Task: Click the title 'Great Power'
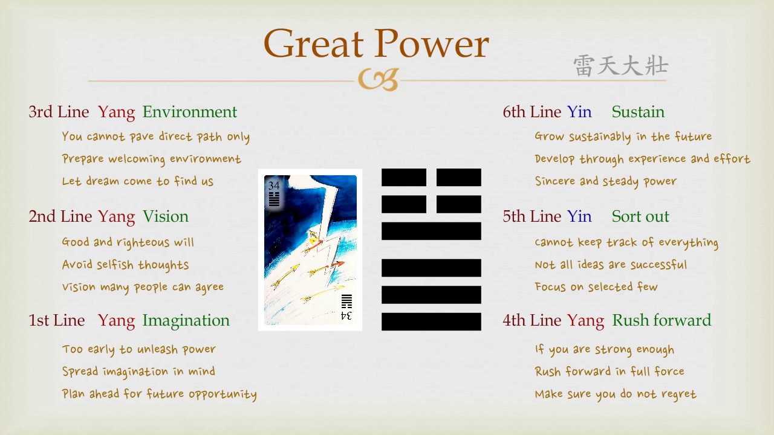click(x=376, y=44)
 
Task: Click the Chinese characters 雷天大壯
click(x=620, y=66)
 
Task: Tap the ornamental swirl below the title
click(x=378, y=80)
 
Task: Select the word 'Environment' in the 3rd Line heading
click(x=189, y=112)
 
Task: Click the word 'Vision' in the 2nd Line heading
click(x=165, y=216)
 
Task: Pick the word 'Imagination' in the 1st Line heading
click(x=186, y=320)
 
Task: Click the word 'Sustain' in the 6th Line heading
click(x=637, y=112)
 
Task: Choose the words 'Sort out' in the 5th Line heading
click(x=640, y=216)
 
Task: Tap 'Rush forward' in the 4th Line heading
click(x=662, y=320)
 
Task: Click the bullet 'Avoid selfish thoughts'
click(x=125, y=265)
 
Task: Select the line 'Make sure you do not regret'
click(x=615, y=394)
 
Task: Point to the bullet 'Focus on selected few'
click(x=596, y=287)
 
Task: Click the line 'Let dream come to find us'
click(x=137, y=181)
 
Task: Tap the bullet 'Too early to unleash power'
click(x=138, y=349)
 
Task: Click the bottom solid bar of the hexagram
click(x=431, y=321)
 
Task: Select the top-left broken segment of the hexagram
click(x=403, y=178)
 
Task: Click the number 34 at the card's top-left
click(x=274, y=185)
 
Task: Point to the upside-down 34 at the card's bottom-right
click(x=346, y=315)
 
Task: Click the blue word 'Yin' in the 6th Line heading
click(x=579, y=112)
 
